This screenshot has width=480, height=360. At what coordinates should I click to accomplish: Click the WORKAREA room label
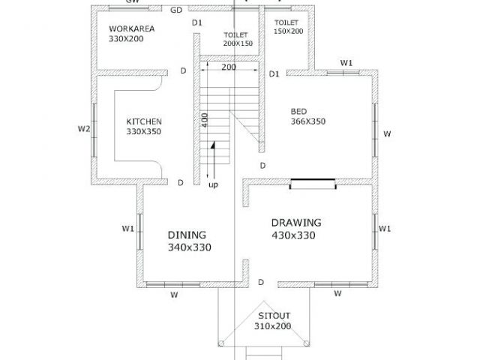pyautogui.click(x=132, y=28)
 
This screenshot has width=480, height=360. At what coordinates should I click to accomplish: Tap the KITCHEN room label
pyautogui.click(x=144, y=121)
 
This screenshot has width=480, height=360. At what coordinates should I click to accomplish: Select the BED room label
pyautogui.click(x=298, y=112)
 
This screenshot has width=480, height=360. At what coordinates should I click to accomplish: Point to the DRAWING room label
pyautogui.click(x=296, y=223)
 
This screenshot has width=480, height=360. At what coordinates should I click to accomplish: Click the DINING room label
pyautogui.click(x=187, y=235)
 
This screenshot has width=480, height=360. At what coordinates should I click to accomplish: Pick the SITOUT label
pyautogui.click(x=274, y=316)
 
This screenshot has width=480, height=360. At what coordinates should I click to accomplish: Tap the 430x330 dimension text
pyautogui.click(x=293, y=235)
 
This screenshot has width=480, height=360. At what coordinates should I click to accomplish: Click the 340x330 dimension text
pyautogui.click(x=190, y=247)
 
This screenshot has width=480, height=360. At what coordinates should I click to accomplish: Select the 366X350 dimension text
pyautogui.click(x=308, y=121)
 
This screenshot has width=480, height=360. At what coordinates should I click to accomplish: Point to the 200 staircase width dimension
pyautogui.click(x=229, y=67)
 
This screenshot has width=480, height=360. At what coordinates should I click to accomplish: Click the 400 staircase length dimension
pyautogui.click(x=205, y=120)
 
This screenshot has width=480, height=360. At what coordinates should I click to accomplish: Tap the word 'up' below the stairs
pyautogui.click(x=213, y=185)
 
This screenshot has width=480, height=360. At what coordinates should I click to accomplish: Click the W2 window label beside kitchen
pyautogui.click(x=84, y=129)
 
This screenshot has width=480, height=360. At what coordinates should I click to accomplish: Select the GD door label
pyautogui.click(x=176, y=10)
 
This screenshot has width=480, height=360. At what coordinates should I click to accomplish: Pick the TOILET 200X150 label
pyautogui.click(x=238, y=39)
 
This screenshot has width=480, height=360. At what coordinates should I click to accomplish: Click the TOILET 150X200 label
pyautogui.click(x=288, y=27)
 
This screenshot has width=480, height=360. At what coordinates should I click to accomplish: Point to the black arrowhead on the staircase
pyautogui.click(x=212, y=145)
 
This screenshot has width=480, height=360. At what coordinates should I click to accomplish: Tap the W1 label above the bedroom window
pyautogui.click(x=346, y=63)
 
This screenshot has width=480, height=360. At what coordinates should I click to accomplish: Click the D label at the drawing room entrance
pyautogui.click(x=261, y=282)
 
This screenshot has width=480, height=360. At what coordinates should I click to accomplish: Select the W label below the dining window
pyautogui.click(x=174, y=295)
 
